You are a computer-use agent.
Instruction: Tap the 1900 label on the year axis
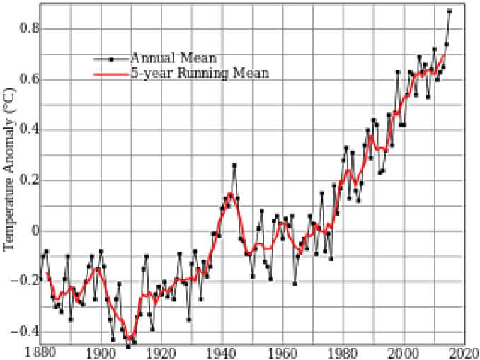[x=101, y=352]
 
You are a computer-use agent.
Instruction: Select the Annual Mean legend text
[x=173, y=57]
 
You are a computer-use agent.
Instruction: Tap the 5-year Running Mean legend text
[x=198, y=73]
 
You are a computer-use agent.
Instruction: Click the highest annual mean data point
[x=449, y=11]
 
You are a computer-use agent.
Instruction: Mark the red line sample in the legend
[x=111, y=73]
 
